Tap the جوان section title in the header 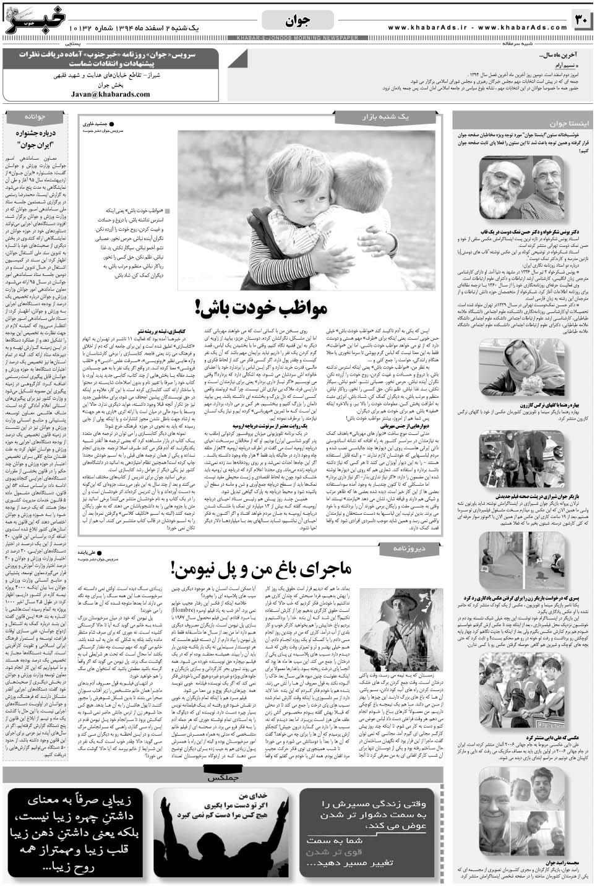pos(299,22)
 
